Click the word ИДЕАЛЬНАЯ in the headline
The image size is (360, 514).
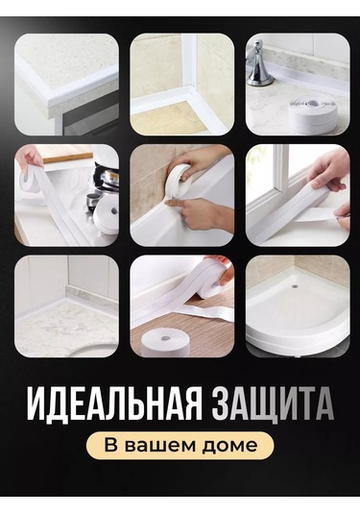[x=113, y=404]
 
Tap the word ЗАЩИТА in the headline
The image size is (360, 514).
[x=273, y=404]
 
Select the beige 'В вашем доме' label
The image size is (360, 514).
[x=180, y=446]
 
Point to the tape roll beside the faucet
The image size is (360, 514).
[x=313, y=113]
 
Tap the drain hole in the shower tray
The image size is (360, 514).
[x=295, y=286]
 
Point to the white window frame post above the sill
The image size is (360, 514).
[x=279, y=168]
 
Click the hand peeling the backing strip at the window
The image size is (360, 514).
[x=341, y=213]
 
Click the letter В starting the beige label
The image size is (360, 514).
[x=110, y=446]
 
